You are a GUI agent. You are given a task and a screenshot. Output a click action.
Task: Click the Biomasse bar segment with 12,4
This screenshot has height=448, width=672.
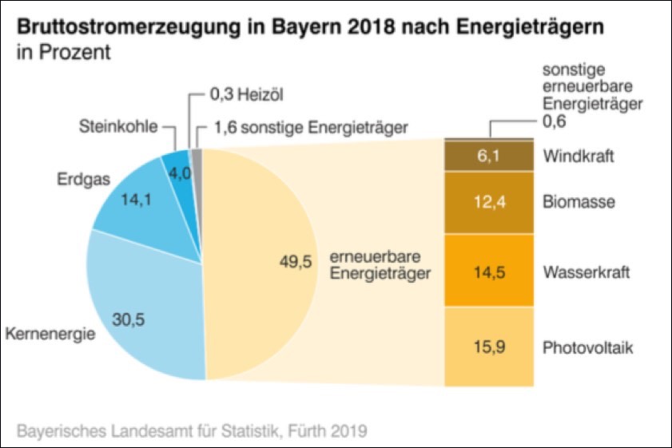pos(488,202)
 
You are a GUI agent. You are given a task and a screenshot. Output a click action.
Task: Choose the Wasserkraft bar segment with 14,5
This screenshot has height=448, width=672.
pos(488,272)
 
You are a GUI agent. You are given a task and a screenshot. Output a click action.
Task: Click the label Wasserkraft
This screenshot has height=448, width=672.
pos(587,272)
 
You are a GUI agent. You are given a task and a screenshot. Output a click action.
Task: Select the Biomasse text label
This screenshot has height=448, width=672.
pos(579,202)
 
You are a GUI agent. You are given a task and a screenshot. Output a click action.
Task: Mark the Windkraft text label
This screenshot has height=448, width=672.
pos(579,157)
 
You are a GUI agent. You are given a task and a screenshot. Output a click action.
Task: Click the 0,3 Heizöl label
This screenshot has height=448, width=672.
pos(245,97)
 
